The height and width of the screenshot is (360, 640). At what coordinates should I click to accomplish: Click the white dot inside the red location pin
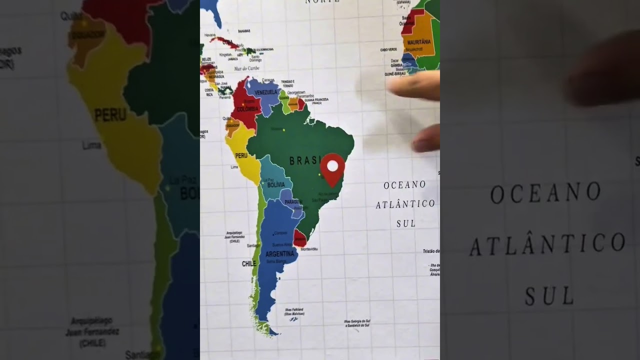(332, 165)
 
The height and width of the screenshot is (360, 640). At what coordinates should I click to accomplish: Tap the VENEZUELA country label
(265, 92)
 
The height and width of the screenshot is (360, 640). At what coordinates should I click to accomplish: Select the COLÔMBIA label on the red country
(247, 108)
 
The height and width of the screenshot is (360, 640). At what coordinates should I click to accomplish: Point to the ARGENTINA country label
(279, 253)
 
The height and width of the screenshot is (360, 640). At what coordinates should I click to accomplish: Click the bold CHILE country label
(249, 263)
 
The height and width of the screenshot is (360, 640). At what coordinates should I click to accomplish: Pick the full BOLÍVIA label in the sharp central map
(276, 185)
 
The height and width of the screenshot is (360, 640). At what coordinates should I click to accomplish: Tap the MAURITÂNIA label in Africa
(419, 42)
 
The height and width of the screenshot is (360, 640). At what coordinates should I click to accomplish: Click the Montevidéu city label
(309, 248)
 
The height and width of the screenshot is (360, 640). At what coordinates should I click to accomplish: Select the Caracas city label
(268, 80)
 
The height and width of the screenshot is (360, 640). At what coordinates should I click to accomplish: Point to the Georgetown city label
(296, 92)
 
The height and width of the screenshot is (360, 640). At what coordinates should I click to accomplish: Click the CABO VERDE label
(388, 49)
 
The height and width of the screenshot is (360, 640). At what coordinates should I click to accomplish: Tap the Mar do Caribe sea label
(247, 68)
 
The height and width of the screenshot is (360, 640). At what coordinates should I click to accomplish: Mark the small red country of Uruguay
(299, 237)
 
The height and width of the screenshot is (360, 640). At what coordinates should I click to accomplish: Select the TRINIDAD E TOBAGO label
(287, 83)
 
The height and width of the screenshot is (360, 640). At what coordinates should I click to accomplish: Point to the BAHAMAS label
(244, 31)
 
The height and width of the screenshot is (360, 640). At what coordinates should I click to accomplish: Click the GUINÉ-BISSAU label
(394, 73)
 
